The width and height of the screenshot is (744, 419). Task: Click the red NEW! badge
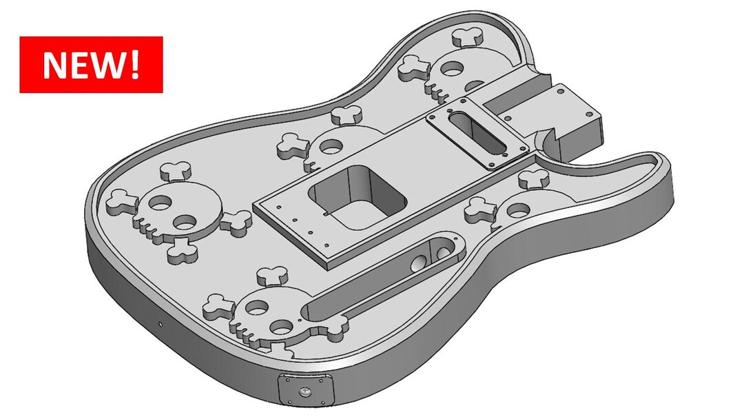[x=91, y=65]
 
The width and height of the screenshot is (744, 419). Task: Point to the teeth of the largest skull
[x=148, y=227]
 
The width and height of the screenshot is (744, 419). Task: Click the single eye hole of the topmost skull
[x=453, y=69]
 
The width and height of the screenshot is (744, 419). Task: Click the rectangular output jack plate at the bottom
[x=306, y=390]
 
